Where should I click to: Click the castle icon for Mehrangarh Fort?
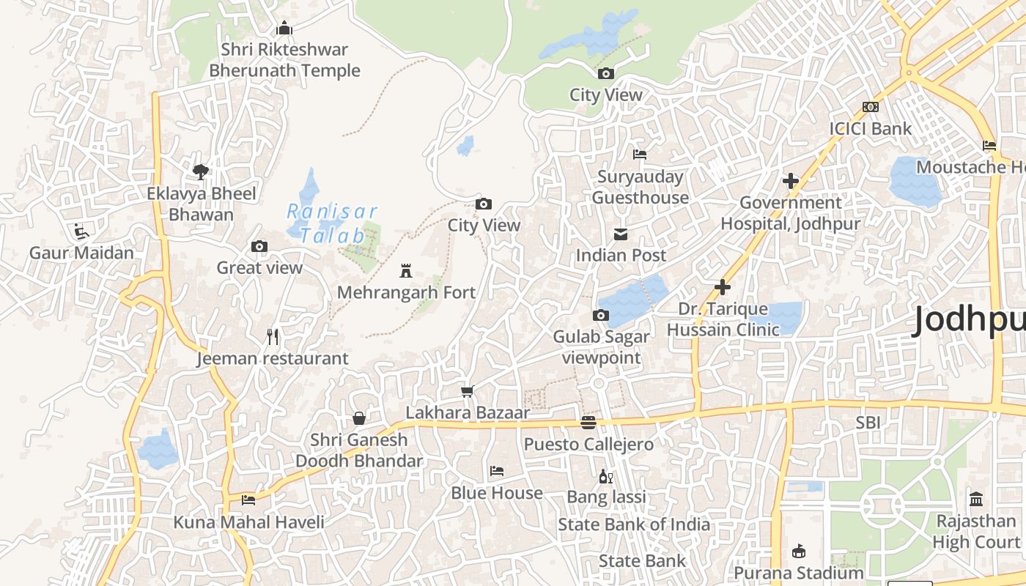coord(406,271)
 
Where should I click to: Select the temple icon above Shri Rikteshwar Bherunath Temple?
coord(284,29)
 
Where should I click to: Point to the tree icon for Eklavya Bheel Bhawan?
coord(201,172)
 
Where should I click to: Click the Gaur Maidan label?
coord(81,253)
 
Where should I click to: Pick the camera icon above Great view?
coord(259,246)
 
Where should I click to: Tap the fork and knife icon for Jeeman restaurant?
coord(273,337)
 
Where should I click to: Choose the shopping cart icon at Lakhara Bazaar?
coord(468,391)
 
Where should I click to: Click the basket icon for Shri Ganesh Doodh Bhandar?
coord(359,418)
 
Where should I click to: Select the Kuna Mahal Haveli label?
coord(248,522)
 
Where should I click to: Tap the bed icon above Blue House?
coord(497,471)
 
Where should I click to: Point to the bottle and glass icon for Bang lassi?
coord(606,476)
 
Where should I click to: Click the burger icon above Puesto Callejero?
coord(588,423)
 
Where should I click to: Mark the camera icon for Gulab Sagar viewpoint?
coord(601,316)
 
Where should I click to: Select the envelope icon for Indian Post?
coord(621,234)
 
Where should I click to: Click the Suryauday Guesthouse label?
coord(640,187)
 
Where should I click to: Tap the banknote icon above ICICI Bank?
coord(870,107)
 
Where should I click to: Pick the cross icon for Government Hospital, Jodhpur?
coord(791,180)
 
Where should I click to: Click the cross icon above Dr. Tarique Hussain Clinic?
coord(723,287)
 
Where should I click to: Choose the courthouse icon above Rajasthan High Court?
coord(976,500)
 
